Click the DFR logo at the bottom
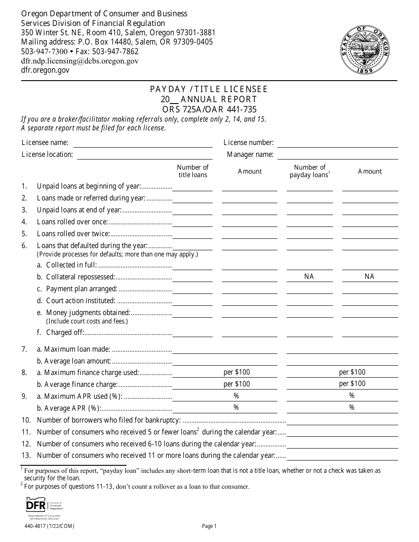point(44,507)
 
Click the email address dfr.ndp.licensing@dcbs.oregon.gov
point(80,61)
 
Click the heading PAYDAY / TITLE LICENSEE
point(209,89)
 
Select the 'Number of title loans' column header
point(192,171)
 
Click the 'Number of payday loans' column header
point(310,171)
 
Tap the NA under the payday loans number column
point(309,276)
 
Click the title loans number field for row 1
point(192,186)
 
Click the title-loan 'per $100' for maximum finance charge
point(236,372)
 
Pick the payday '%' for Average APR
point(352,408)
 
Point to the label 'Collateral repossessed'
point(80,277)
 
